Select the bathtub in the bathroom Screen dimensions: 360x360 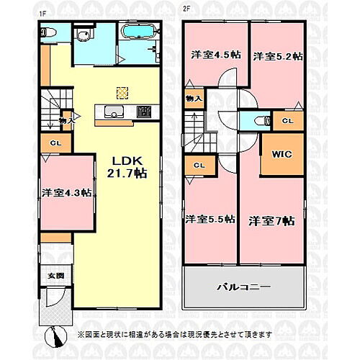pos(135,32)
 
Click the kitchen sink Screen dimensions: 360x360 pos(114,112)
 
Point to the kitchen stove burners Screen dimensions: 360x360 pos(144,112)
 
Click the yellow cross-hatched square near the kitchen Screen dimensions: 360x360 pos(122,91)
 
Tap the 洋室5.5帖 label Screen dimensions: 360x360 pos(210,220)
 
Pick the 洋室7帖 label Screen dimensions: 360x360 pos(272,220)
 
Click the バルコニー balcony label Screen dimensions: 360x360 pos(244,287)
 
